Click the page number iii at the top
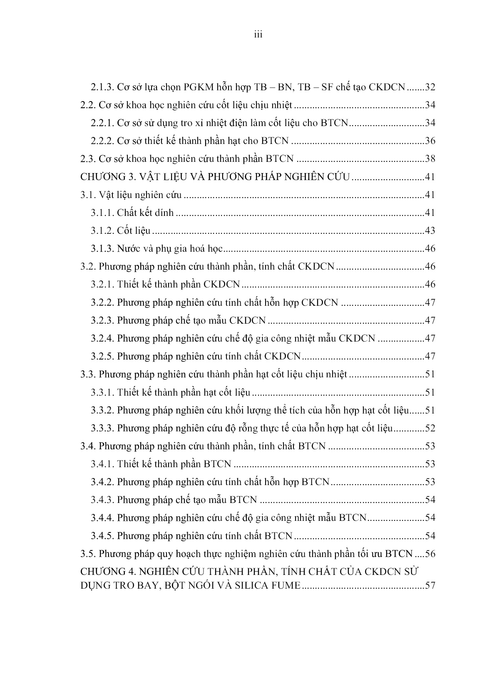pos(258,35)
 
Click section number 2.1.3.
pos(102,87)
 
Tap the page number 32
pos(430,87)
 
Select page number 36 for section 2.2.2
pos(430,141)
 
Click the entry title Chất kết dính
pos(145,213)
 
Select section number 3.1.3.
pos(102,249)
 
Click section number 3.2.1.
pos(102,285)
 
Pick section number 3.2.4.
pos(102,338)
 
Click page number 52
pos(430,428)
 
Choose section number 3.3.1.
pos(102,392)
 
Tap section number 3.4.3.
pos(102,500)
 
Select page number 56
pos(430,554)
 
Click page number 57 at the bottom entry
pos(430,586)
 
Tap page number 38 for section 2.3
pos(430,159)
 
